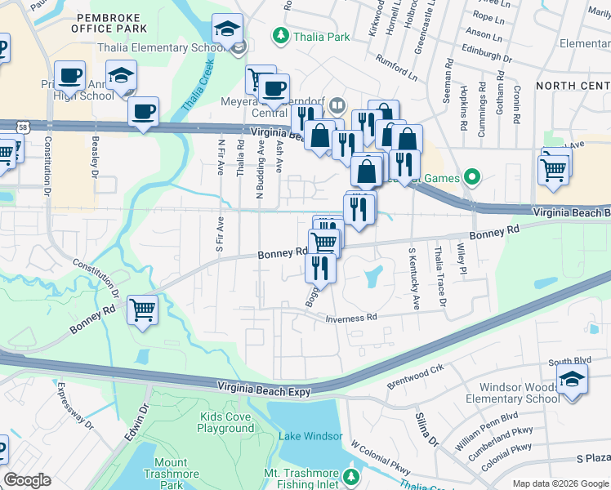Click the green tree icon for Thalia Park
coord(281,36)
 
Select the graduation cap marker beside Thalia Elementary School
coord(226,30)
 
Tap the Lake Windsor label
coord(310,436)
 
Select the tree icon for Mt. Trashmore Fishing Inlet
coord(351,474)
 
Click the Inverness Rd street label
coord(350,318)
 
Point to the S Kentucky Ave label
coord(413,278)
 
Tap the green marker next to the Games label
coord(471,176)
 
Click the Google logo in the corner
coord(27,480)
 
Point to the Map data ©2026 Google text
coord(560,484)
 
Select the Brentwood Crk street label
coord(415,374)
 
